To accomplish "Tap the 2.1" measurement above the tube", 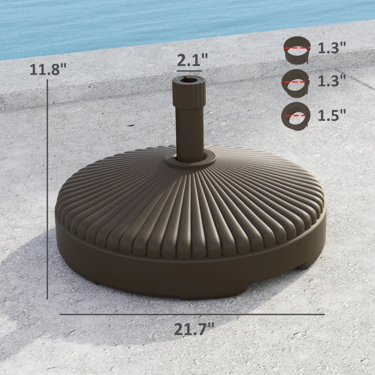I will (x=192, y=60).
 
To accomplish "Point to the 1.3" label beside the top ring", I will (x=331, y=47).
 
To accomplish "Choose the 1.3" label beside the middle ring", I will (x=331, y=81).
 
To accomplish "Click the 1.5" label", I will (x=331, y=115).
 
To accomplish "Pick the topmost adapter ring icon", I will (x=297, y=50).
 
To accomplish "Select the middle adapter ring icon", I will (x=295, y=82).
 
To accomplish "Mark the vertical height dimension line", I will (x=48, y=187).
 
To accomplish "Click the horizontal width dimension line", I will (x=192, y=314).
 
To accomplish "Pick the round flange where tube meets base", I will (x=190, y=159).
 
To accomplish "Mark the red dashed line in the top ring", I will (x=297, y=47).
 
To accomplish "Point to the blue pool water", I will (x=141, y=23).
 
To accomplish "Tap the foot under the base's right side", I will (x=303, y=264).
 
